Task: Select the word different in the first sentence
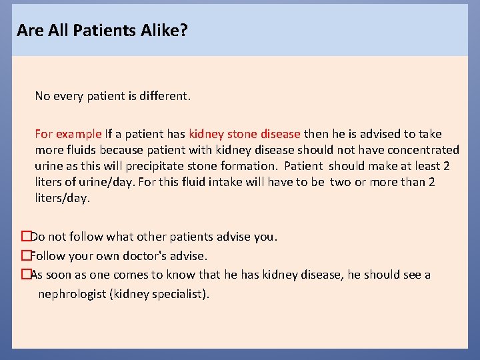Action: coord(164,96)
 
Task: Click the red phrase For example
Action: coord(69,134)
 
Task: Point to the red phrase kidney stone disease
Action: coord(245,134)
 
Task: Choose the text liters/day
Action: coord(61,198)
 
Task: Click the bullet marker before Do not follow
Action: coord(26,237)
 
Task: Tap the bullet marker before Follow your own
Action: coord(26,255)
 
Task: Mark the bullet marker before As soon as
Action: coord(26,275)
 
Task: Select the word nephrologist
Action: coord(73,294)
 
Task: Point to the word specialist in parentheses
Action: coord(177,294)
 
